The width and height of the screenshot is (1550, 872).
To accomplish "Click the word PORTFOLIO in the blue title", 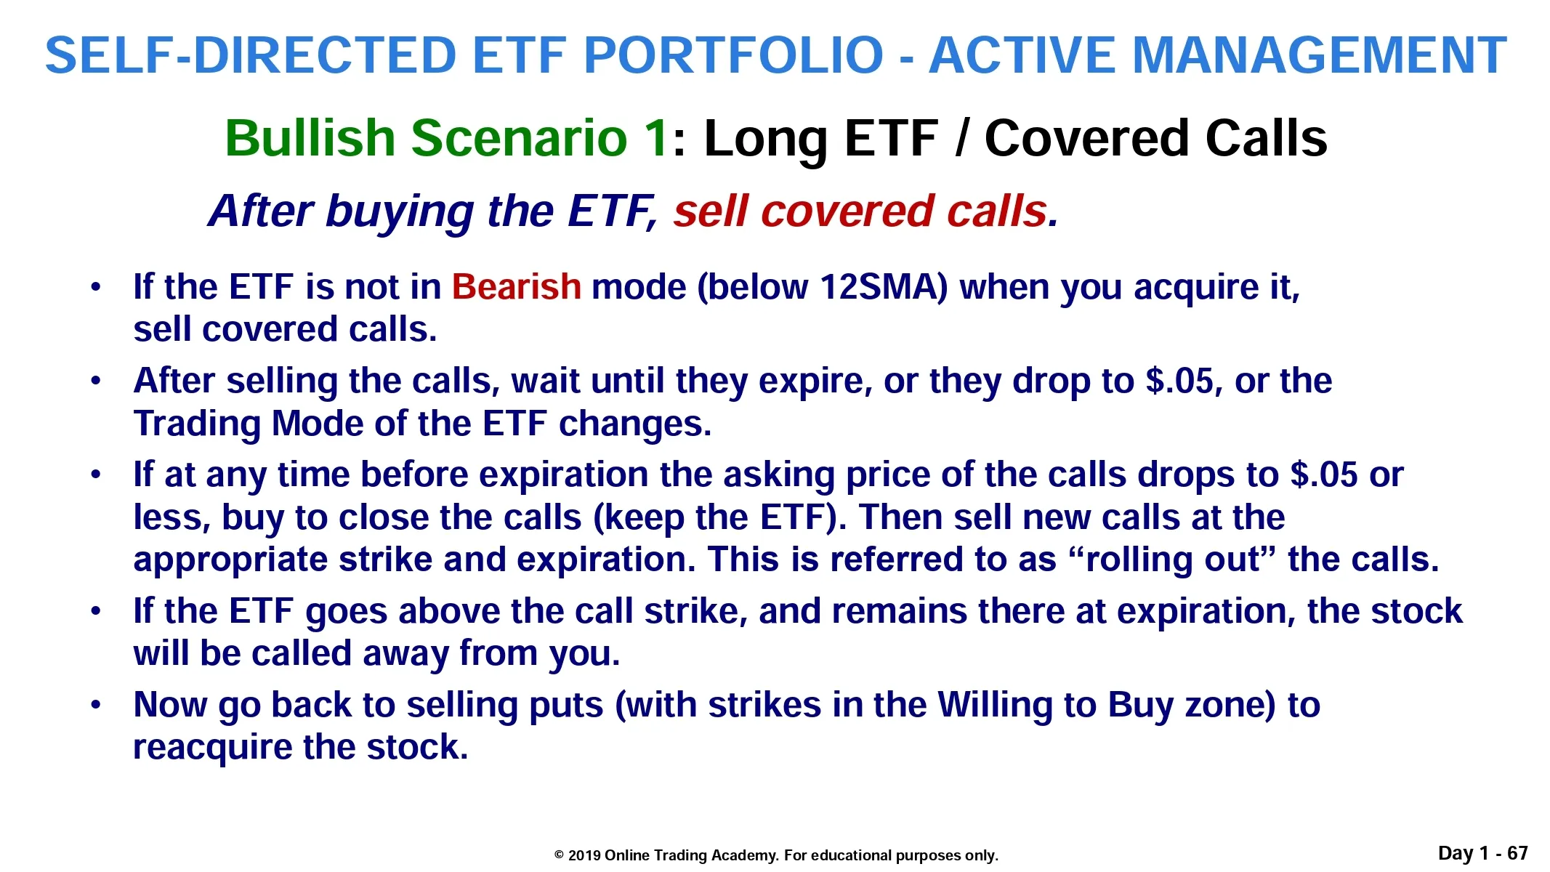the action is coord(734,55).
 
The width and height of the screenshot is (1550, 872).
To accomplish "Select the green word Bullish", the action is coord(310,137).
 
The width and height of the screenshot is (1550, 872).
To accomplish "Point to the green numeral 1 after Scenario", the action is coord(659,137).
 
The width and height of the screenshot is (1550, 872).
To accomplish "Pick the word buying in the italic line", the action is coord(400,212).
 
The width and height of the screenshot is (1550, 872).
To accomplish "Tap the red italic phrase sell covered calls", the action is coord(860,211).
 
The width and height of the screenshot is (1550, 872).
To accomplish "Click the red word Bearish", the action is coord(516,286).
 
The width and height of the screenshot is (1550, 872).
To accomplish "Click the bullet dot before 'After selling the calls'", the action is coord(96,381).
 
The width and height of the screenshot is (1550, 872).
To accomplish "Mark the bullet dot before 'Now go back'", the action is coord(96,705).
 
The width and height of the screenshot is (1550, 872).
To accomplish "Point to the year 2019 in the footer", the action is coord(584,855).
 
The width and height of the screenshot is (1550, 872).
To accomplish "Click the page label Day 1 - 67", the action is coord(1483,853).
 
